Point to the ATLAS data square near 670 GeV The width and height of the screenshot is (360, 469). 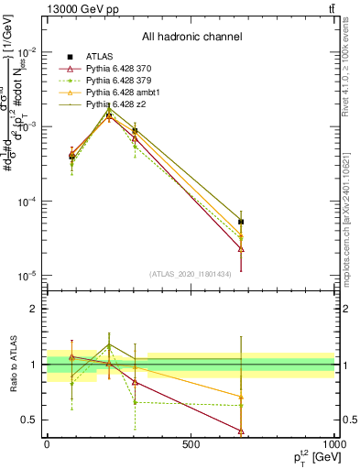coord(241,222)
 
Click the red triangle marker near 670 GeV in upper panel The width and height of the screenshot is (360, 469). coord(241,248)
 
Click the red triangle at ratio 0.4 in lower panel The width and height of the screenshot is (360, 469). coord(241,431)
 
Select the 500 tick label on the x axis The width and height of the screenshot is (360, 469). coord(191,444)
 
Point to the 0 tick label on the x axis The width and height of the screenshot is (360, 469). coord(47,444)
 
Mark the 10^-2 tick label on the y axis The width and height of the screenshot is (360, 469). coord(27,52)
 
